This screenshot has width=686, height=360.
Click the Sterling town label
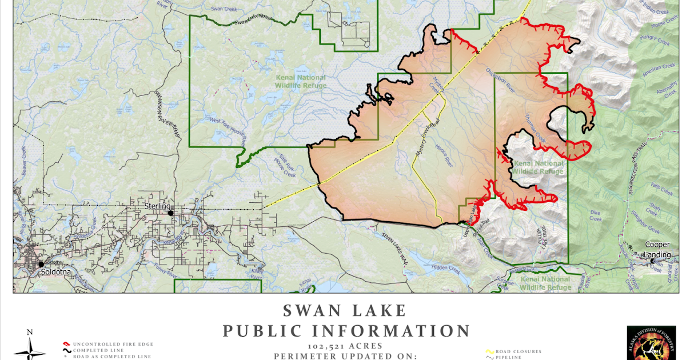pos(157,206)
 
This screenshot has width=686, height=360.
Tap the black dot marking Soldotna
pos(41,265)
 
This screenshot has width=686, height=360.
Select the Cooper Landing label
pos(657,249)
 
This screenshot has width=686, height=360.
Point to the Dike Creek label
pos(596,215)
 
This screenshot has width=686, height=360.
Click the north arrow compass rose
pos(30,346)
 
